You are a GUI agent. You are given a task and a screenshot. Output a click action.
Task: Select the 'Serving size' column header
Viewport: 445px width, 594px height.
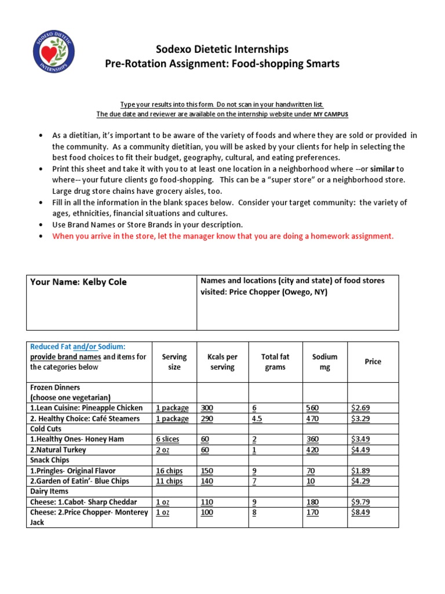(174, 362)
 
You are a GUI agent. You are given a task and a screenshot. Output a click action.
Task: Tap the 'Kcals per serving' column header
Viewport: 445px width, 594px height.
(222, 362)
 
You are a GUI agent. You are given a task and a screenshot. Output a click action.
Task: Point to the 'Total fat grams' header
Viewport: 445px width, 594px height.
(275, 362)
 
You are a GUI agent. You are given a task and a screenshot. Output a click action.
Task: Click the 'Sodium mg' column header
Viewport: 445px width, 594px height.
(324, 362)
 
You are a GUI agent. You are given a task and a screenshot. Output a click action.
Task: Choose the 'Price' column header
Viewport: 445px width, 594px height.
(373, 361)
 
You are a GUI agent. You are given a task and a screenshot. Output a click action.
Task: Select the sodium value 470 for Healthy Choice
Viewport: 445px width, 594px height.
(312, 418)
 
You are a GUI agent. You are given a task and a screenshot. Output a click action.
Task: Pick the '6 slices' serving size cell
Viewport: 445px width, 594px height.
(167, 439)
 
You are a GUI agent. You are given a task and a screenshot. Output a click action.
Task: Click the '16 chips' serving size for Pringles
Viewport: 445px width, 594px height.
(169, 470)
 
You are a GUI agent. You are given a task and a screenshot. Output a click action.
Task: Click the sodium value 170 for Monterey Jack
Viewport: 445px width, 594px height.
(312, 512)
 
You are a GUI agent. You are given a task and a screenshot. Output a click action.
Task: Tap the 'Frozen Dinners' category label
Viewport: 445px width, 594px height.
(55, 387)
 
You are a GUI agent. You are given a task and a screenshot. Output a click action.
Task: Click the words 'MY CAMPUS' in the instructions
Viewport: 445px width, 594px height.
(331, 114)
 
